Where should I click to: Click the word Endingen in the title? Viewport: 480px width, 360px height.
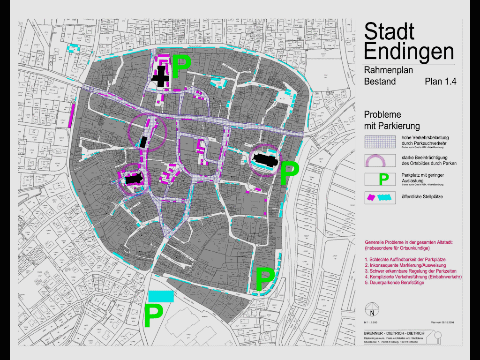click(x=409, y=51)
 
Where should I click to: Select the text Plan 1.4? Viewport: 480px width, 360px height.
click(x=440, y=82)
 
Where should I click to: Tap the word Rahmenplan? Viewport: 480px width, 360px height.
click(x=388, y=70)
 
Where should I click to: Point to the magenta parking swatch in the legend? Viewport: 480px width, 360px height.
click(x=371, y=197)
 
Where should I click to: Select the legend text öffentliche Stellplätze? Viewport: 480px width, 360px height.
click(x=422, y=197)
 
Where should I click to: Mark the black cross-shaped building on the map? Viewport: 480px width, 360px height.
click(x=161, y=76)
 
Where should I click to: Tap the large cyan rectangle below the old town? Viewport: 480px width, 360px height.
click(x=161, y=296)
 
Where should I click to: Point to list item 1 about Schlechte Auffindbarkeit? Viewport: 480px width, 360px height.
click(x=405, y=259)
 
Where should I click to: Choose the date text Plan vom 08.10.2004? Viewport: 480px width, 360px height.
click(x=442, y=323)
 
